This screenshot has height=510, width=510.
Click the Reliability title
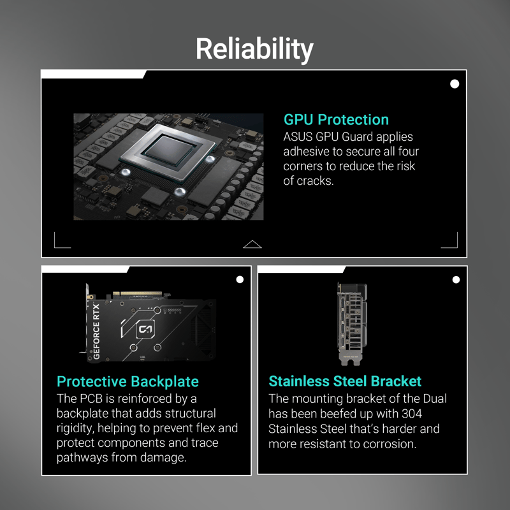coord(254,49)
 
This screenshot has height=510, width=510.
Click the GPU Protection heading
coord(336,119)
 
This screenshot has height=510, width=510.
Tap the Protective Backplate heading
coord(127,381)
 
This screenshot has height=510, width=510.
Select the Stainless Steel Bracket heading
coord(345,381)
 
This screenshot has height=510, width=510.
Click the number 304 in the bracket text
coord(412,414)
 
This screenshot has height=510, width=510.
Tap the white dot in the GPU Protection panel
coord(455,84)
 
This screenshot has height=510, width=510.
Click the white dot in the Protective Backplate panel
coord(240,279)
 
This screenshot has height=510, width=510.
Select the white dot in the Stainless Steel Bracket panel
coord(456,279)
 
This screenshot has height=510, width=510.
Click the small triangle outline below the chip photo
coord(252,244)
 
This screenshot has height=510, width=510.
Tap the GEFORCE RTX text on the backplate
coord(96,331)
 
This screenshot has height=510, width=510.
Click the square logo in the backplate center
coord(145,330)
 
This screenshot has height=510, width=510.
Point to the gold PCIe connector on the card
coord(137,294)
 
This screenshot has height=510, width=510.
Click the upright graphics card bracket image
coord(352,324)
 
